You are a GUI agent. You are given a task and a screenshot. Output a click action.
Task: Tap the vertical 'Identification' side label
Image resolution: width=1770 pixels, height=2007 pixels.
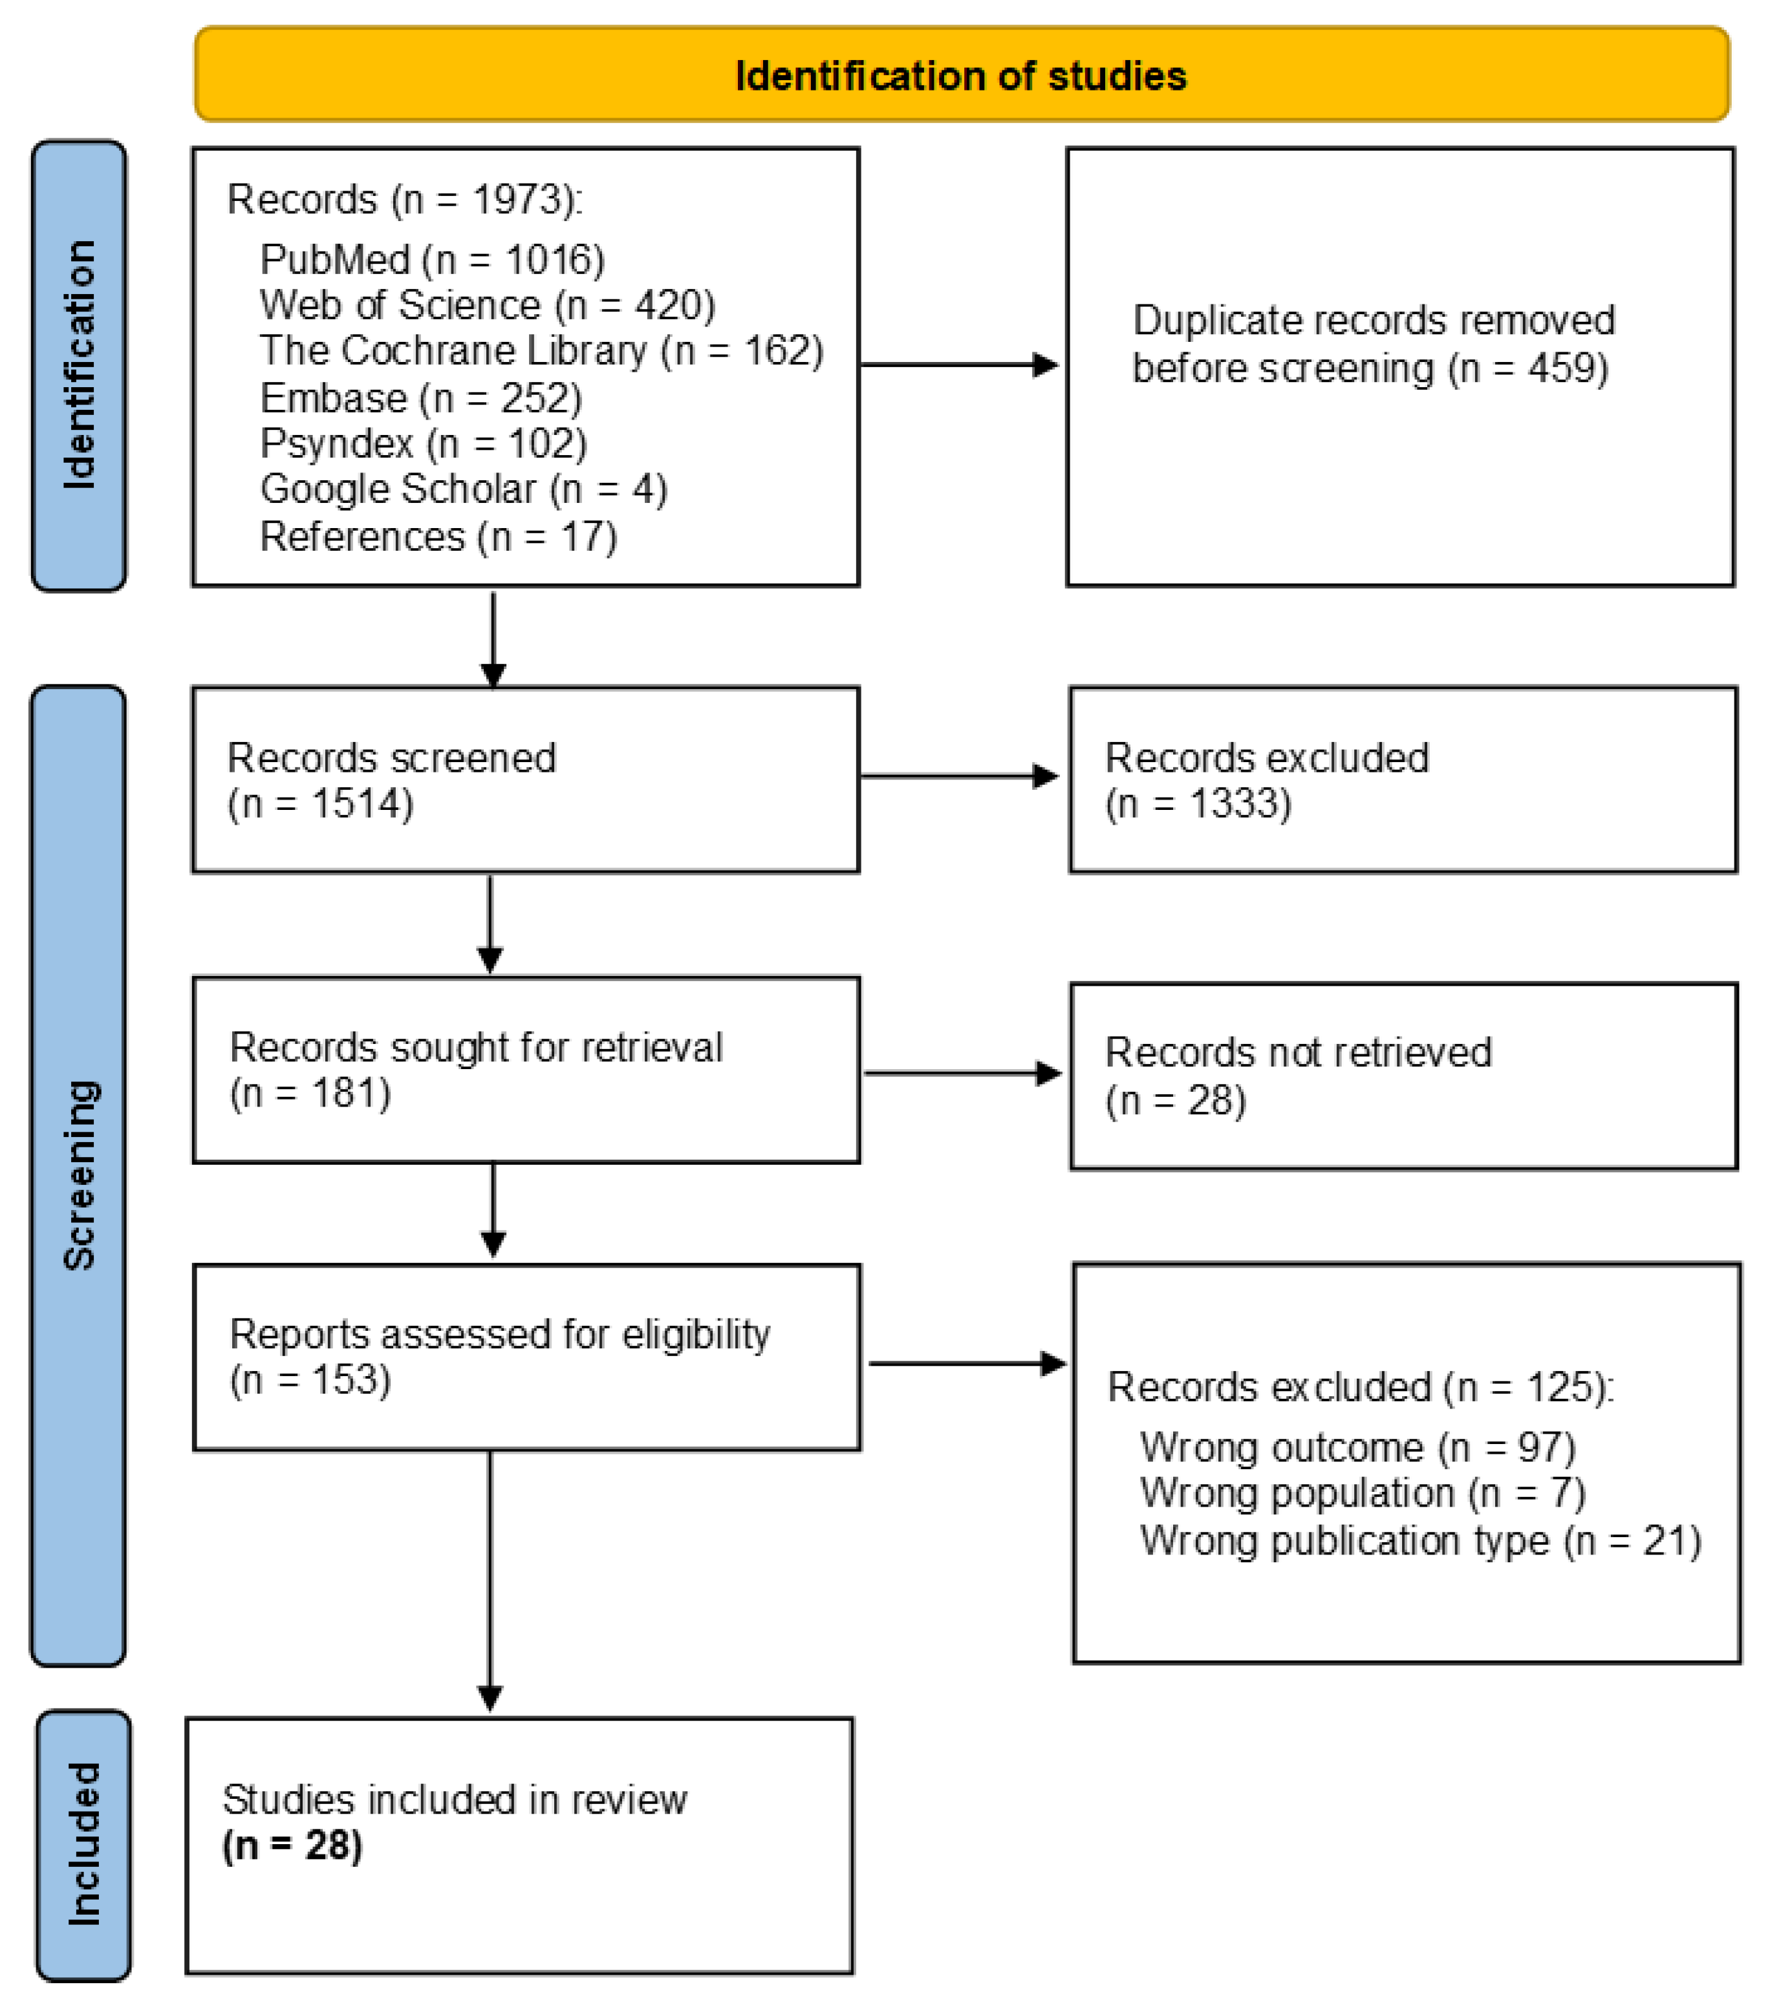point(79,365)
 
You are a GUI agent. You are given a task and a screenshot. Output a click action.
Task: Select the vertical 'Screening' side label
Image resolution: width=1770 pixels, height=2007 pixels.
point(79,1175)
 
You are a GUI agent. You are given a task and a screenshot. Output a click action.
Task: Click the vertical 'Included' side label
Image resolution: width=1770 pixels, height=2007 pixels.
point(83,1844)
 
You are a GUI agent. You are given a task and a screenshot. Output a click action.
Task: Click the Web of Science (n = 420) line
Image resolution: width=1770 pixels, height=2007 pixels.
point(487,305)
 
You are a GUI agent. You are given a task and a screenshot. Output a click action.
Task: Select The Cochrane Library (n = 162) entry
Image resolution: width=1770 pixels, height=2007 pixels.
point(541,350)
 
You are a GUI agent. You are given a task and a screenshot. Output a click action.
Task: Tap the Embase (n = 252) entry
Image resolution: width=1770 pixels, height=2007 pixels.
point(420,398)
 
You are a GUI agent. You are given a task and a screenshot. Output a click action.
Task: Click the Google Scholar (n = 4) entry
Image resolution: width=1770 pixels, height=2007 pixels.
point(464,489)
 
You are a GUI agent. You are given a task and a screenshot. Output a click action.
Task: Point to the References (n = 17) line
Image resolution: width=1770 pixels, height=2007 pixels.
point(438,536)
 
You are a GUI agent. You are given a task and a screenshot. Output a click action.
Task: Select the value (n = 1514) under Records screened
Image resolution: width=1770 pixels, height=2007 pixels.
point(320,803)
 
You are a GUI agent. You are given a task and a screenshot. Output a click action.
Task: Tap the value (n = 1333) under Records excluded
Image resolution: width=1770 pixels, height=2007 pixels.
point(1198,803)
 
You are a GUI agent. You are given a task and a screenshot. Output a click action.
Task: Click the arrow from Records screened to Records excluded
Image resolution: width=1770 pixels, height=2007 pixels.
point(958,777)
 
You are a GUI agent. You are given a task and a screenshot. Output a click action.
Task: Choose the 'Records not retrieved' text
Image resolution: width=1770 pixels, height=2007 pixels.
point(1297,1052)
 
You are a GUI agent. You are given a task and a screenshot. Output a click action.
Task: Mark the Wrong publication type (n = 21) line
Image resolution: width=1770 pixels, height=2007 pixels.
point(1420,1540)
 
